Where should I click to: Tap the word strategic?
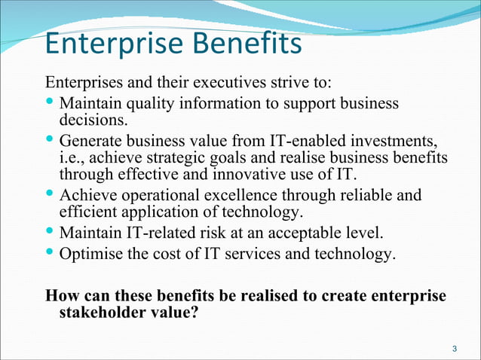point(182,157)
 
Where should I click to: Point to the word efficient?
point(87,212)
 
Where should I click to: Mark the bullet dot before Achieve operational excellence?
point(50,194)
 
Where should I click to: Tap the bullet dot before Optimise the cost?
point(50,252)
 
